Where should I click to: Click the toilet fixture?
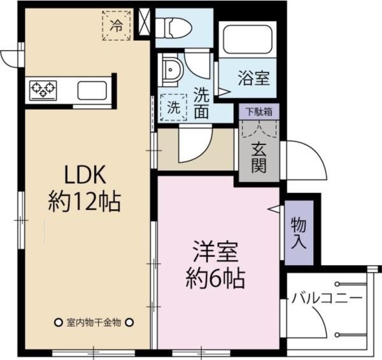174,27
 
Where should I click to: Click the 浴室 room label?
254,78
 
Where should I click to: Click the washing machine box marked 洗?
173,106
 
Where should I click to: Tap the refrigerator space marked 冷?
117,25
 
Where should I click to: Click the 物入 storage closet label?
299,233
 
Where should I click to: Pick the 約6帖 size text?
216,278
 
